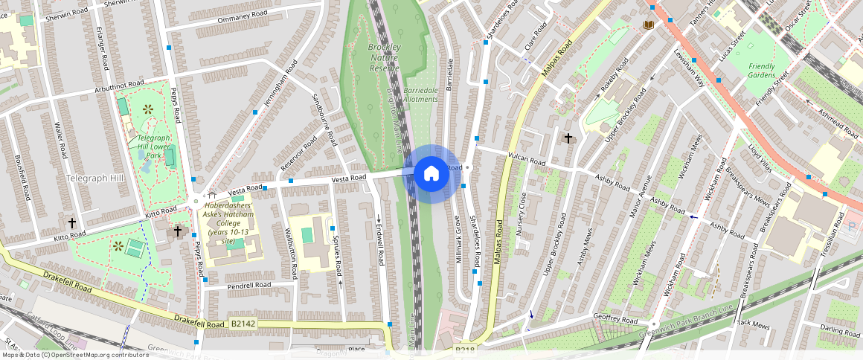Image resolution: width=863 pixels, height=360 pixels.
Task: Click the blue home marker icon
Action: pos(431,174)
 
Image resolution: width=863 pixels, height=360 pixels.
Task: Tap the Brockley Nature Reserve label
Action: pos(385,58)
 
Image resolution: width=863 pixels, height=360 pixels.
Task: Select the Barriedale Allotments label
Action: pos(420,94)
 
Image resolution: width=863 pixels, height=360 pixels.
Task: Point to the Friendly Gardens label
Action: pos(762,71)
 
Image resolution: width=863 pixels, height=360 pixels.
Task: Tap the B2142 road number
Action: pos(243,324)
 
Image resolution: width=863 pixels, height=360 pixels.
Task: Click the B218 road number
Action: pos(465,349)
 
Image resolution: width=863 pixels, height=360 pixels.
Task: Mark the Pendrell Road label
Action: pos(249,285)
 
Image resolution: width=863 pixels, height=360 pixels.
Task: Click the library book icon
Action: pos(648,25)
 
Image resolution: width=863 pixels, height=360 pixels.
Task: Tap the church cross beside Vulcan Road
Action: pos(568,138)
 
